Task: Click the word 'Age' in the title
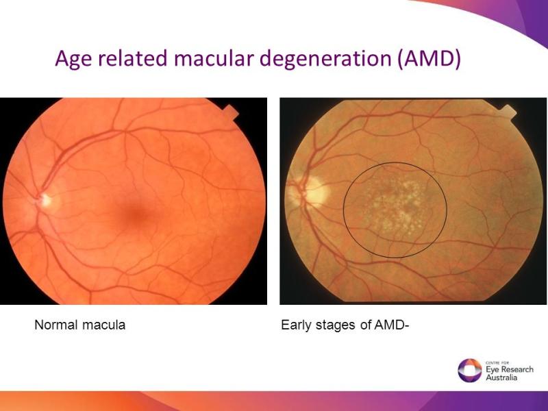pyautogui.click(x=73, y=59)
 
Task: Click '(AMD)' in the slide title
pyautogui.click(x=429, y=59)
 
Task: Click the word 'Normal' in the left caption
pyautogui.click(x=56, y=325)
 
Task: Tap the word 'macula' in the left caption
pyautogui.click(x=104, y=325)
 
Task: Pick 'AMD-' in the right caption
pyautogui.click(x=391, y=325)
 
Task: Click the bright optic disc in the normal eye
pyautogui.click(x=45, y=200)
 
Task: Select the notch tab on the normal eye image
pyautogui.click(x=231, y=112)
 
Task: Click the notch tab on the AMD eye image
pyautogui.click(x=508, y=112)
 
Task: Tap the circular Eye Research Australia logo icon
pyautogui.click(x=470, y=371)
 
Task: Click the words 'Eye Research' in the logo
pyautogui.click(x=510, y=370)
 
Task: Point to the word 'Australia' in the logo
pyautogui.click(x=501, y=378)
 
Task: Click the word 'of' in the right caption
pyautogui.click(x=366, y=325)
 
